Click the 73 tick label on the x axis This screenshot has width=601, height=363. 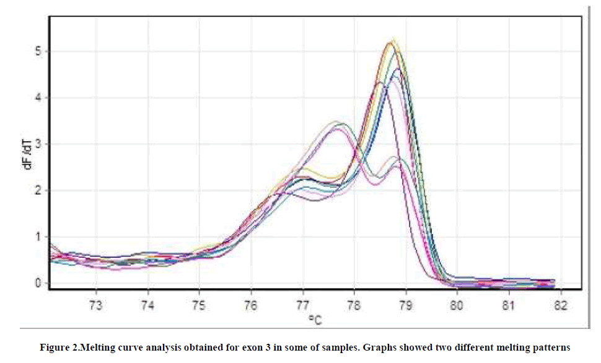click(x=96, y=305)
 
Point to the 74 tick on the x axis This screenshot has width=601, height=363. click(x=147, y=305)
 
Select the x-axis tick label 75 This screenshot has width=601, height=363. click(x=199, y=305)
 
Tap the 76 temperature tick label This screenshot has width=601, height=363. click(x=251, y=305)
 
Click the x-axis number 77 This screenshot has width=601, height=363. click(x=302, y=305)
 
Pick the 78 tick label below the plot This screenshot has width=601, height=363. click(x=354, y=305)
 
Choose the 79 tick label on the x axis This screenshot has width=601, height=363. click(x=406, y=305)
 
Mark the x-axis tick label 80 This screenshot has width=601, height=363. click(x=457, y=305)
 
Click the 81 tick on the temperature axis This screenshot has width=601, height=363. click(x=509, y=305)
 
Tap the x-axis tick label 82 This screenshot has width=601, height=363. click(x=560, y=305)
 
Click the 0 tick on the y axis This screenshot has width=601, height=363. click(x=37, y=283)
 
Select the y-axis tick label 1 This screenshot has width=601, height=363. click(x=37, y=237)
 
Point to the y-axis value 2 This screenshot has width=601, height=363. click(x=37, y=190)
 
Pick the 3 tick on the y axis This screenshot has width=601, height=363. click(x=37, y=144)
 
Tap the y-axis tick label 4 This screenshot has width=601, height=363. click(x=37, y=97)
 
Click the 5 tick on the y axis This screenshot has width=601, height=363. click(x=37, y=51)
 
